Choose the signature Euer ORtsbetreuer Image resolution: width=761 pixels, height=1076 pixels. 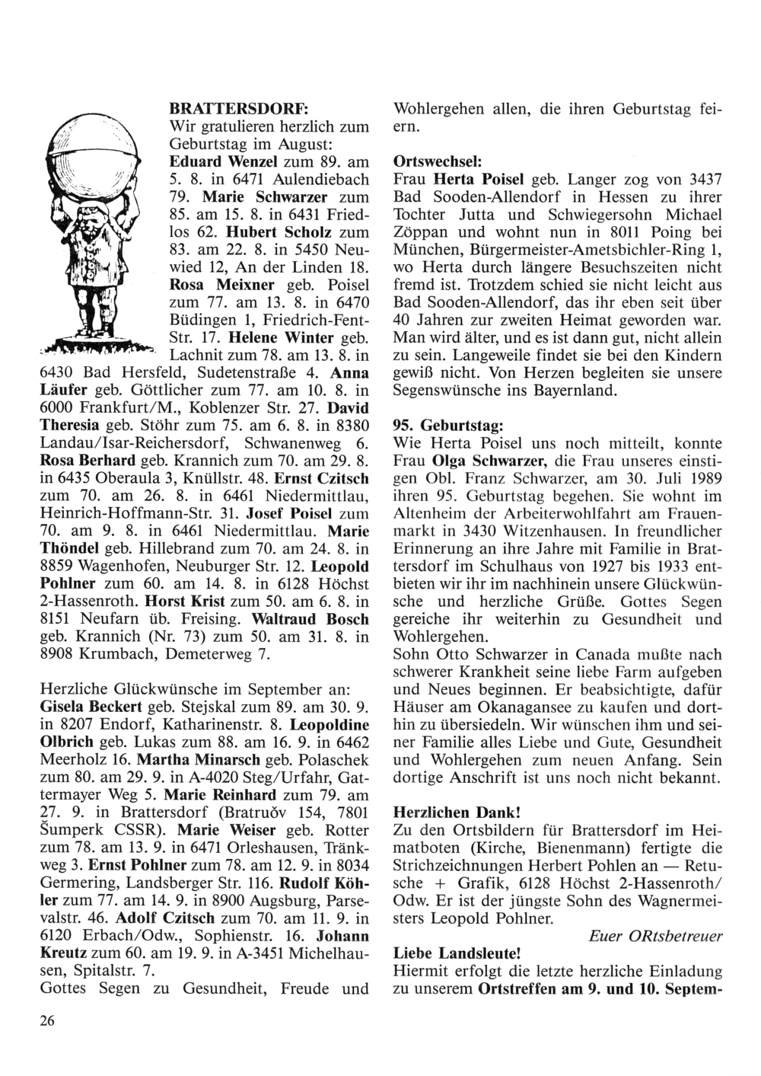pyautogui.click(x=655, y=937)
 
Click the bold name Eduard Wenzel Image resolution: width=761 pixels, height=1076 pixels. pyautogui.click(x=217, y=161)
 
